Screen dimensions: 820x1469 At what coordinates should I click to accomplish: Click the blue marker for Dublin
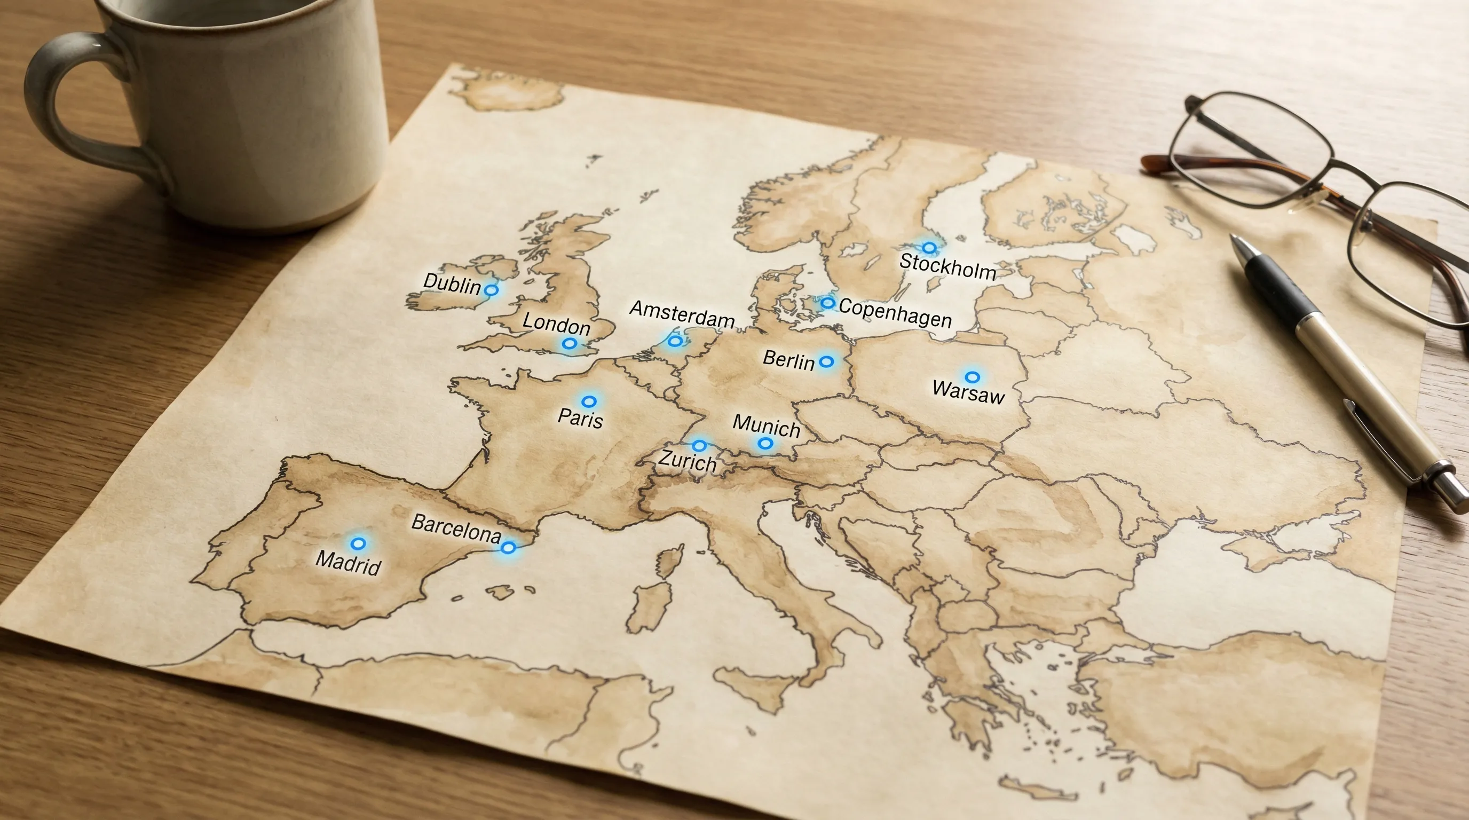[491, 290]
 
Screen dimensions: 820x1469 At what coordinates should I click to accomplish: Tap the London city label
[556, 324]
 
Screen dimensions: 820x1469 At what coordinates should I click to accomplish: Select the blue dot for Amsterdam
[675, 342]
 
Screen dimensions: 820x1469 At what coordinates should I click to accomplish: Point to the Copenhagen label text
[895, 312]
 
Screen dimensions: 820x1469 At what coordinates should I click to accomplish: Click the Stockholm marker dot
[929, 248]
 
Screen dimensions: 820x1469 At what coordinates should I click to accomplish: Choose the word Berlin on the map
[788, 360]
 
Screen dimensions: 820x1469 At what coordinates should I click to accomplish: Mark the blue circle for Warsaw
[972, 377]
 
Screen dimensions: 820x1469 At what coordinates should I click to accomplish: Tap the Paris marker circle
[589, 401]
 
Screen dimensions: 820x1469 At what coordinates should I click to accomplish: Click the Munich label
[766, 425]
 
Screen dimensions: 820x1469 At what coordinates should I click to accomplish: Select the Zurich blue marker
[699, 445]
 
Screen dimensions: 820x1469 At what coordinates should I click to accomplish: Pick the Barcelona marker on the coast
[508, 548]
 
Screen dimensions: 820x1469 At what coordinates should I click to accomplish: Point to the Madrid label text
[348, 563]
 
